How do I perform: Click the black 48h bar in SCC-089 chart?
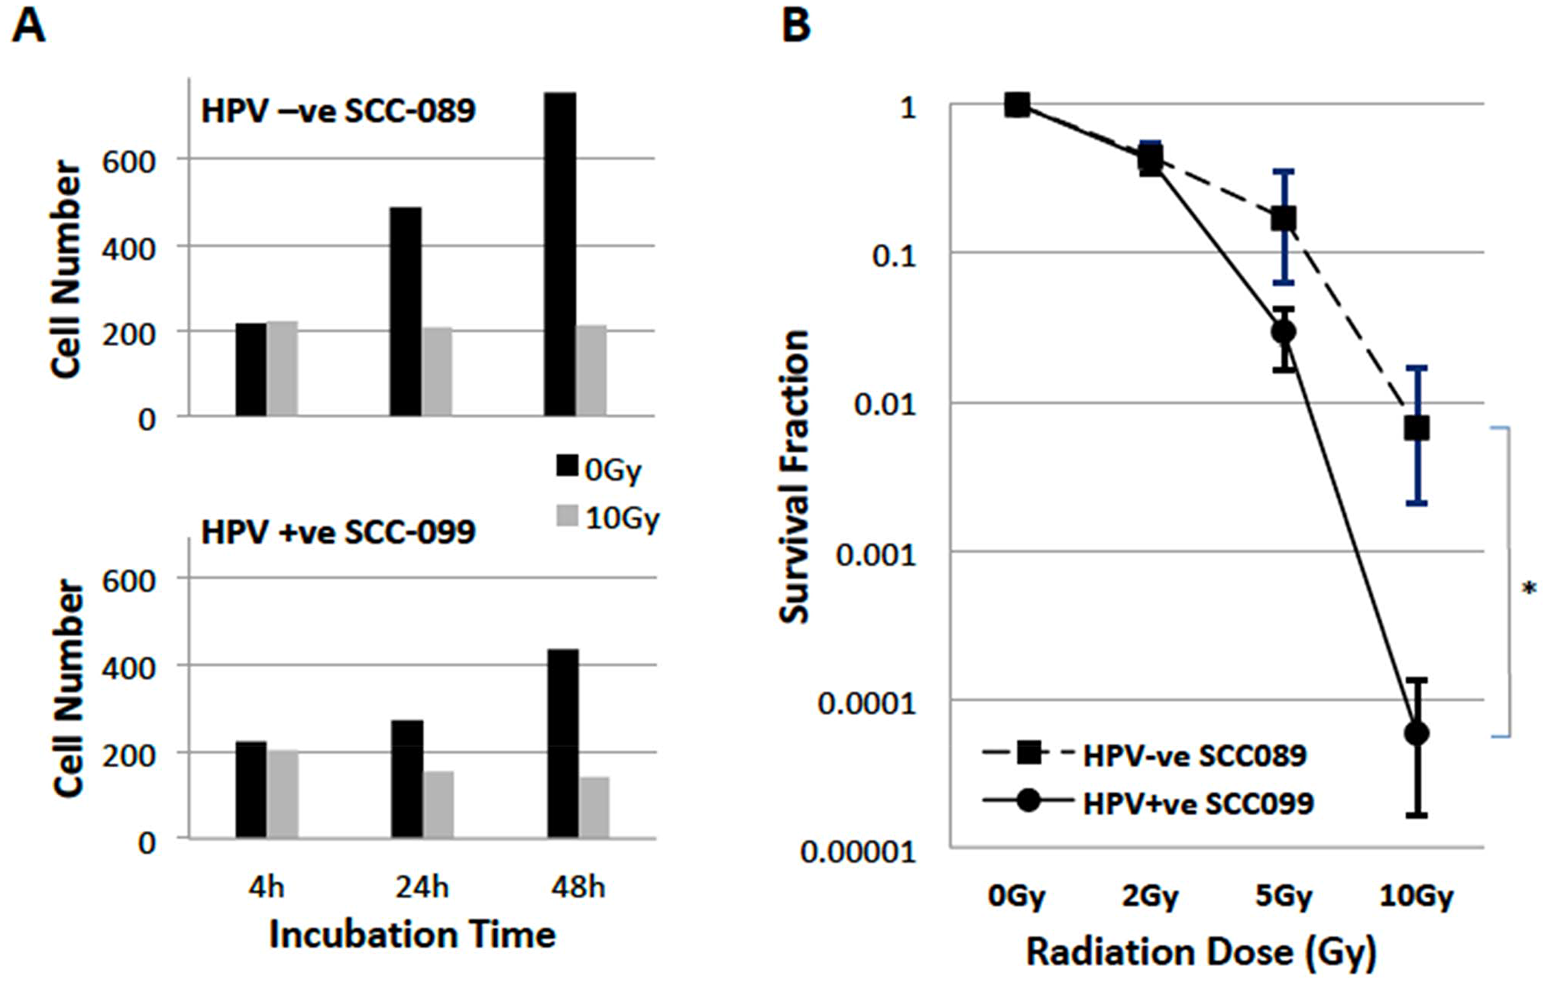click(560, 255)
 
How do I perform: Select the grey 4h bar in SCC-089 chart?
click(283, 369)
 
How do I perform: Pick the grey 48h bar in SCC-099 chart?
click(594, 807)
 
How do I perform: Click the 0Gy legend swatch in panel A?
click(567, 466)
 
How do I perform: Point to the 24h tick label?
click(422, 887)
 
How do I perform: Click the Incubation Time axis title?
click(412, 935)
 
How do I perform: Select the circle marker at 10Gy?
click(1416, 733)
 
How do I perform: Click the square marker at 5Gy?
click(1284, 219)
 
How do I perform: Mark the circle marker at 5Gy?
click(1284, 332)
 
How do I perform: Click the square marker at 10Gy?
click(1416, 428)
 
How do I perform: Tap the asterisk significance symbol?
click(1529, 590)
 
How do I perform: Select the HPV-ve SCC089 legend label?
click(1194, 755)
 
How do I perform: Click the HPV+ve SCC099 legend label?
click(1197, 803)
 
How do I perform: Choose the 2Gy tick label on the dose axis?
click(1150, 896)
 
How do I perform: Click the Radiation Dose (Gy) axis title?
click(1201, 953)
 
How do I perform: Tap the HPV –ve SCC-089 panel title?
click(338, 111)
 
